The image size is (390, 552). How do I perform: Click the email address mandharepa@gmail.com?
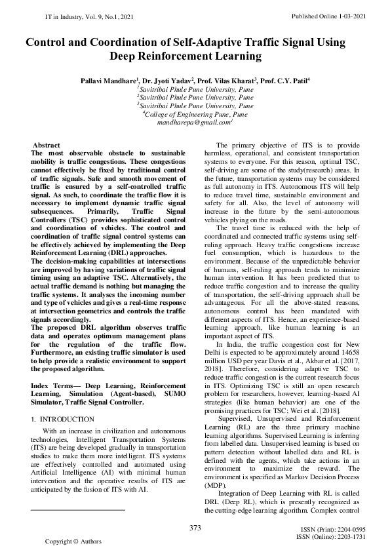coord(195,122)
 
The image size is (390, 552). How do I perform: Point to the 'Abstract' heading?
coord(47,144)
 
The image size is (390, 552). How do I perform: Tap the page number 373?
coord(195,528)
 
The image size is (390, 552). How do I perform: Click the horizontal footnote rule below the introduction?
coord(77,509)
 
